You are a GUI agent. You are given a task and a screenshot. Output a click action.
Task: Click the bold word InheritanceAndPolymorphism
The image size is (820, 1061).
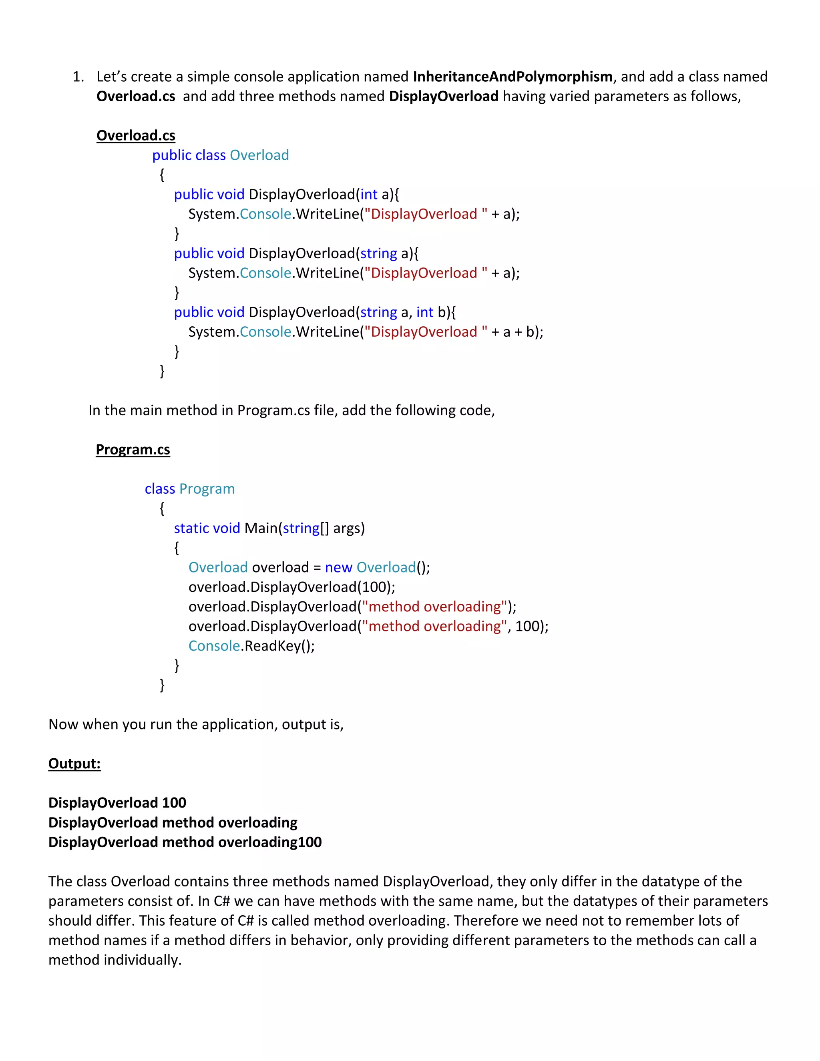point(512,77)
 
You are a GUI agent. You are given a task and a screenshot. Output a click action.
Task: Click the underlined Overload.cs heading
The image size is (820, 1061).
point(136,136)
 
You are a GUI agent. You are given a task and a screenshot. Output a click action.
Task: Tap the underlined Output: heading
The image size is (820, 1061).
point(74,763)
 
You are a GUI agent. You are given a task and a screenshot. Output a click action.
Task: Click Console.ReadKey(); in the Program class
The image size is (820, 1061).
point(251,646)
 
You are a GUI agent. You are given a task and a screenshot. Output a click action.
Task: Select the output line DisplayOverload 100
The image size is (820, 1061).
point(117,802)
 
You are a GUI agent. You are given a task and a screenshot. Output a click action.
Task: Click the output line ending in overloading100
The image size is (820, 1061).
point(185,842)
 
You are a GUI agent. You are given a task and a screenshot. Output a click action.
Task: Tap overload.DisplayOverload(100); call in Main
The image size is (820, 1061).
point(291,587)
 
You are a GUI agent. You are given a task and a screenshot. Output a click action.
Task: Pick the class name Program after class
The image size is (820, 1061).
point(207,489)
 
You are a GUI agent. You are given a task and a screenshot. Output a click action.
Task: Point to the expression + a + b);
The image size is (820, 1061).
point(517,332)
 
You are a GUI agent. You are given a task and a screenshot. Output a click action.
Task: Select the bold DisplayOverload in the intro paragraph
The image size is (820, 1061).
point(444,96)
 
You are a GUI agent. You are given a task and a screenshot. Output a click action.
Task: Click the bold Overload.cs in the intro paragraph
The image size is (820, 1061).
point(136,96)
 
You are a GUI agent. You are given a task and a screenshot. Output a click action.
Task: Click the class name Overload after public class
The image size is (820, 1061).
point(259,155)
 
